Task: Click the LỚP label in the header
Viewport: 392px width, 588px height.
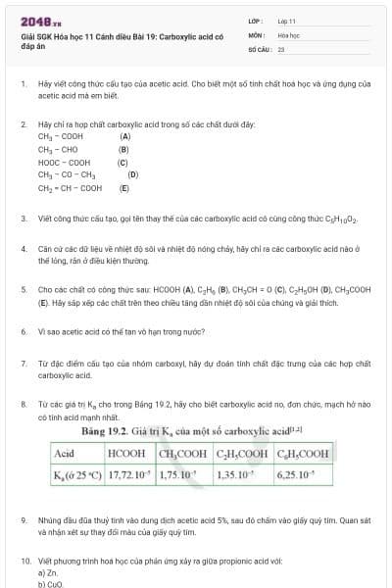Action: click(x=254, y=21)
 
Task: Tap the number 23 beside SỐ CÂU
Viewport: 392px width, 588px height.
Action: click(x=281, y=47)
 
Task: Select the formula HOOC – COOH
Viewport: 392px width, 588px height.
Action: click(x=64, y=163)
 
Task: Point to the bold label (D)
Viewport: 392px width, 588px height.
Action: click(x=133, y=175)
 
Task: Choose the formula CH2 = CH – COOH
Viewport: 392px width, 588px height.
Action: click(x=70, y=188)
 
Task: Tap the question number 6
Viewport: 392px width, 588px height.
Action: click(x=24, y=332)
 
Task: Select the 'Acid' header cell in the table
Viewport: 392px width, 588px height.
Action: click(x=66, y=454)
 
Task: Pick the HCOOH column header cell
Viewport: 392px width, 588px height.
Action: click(x=125, y=454)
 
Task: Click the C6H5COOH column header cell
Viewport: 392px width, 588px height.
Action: click(x=305, y=454)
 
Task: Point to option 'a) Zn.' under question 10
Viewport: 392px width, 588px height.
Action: click(x=47, y=572)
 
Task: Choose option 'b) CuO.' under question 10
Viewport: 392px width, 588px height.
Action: click(x=49, y=584)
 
